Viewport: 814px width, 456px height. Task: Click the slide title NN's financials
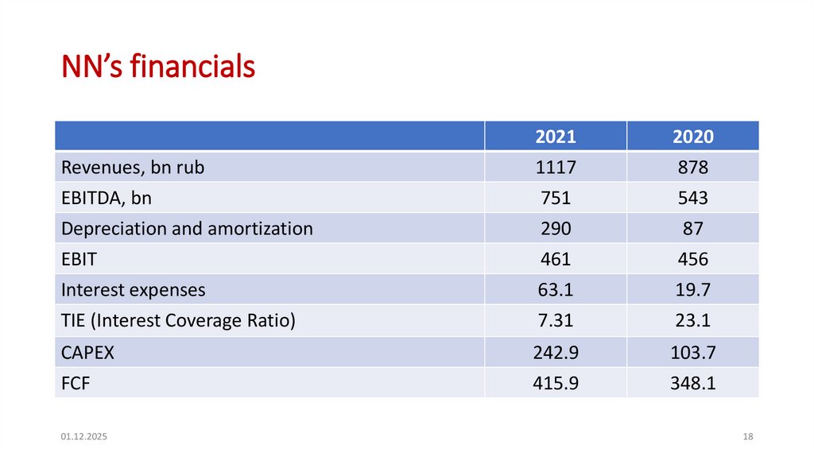[159, 67]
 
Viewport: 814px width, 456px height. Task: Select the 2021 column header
[555, 137]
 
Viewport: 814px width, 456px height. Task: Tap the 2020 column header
[692, 137]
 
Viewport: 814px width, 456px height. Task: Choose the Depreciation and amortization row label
[187, 229]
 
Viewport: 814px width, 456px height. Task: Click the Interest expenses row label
[133, 290]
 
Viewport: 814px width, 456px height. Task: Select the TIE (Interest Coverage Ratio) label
[178, 321]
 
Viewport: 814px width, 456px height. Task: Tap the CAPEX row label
[87, 352]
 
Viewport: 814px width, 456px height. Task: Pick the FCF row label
[76, 383]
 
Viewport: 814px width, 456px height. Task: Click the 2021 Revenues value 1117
[555, 168]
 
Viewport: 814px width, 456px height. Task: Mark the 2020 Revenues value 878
[692, 168]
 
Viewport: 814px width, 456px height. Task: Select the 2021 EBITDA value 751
[555, 199]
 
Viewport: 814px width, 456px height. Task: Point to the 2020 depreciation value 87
[692, 229]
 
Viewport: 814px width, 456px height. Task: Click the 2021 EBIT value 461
[555, 260]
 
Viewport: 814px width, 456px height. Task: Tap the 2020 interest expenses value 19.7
[692, 290]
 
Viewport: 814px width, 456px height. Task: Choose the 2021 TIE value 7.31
[555, 321]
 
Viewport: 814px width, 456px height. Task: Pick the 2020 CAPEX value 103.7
[692, 352]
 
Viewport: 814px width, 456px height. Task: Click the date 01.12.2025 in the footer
[84, 437]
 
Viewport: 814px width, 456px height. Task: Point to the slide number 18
[747, 437]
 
